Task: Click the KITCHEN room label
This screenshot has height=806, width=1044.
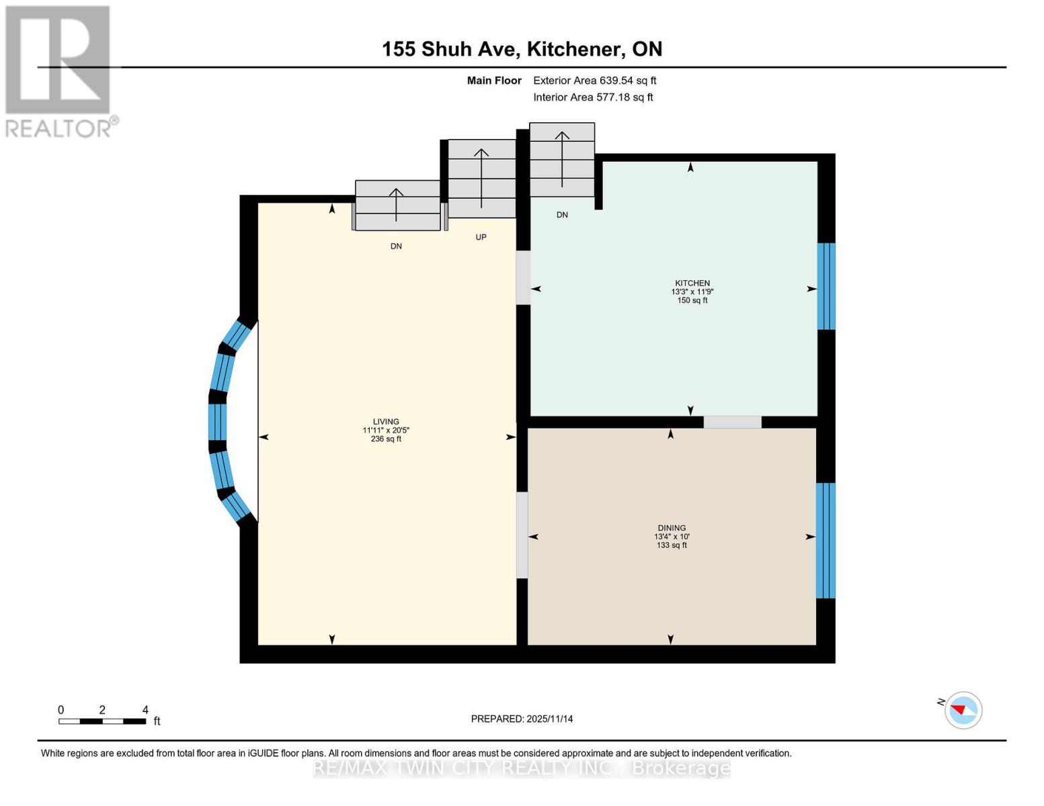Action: pos(692,283)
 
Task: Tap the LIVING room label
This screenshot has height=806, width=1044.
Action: pos(386,422)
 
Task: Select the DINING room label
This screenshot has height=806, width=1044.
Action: pos(672,528)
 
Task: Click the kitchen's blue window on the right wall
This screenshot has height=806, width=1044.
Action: pos(826,286)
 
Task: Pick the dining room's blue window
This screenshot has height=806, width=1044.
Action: pos(825,540)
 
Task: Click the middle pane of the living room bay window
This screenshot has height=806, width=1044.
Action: pos(217,422)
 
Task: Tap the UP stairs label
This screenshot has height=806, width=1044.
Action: pos(481,237)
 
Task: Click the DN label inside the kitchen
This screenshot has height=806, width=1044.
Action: pos(562,215)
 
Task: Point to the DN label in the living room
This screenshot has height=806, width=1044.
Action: pos(396,247)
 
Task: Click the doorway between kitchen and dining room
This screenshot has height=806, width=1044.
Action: pos(732,422)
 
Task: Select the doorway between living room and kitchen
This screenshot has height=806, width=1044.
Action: pos(522,277)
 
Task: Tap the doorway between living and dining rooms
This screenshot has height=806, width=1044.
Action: pos(522,535)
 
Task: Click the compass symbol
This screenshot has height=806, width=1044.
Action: pos(963,710)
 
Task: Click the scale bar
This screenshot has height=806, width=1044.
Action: pos(102,721)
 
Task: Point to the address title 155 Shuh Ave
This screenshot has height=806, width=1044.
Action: pos(522,49)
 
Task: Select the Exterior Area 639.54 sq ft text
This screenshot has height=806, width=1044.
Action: pos(594,81)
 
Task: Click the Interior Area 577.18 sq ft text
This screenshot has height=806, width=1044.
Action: pos(593,97)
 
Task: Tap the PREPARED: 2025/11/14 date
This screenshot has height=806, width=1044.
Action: pos(522,719)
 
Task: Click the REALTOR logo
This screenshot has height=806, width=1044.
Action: pos(59,71)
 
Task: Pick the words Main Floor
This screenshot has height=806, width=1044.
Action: pos(494,81)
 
